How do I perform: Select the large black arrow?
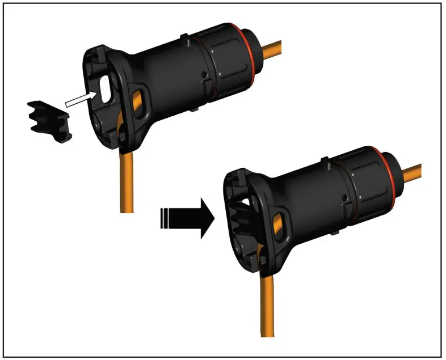point(190,218)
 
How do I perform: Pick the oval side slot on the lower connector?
point(278,224)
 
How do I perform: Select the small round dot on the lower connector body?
point(344,198)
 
